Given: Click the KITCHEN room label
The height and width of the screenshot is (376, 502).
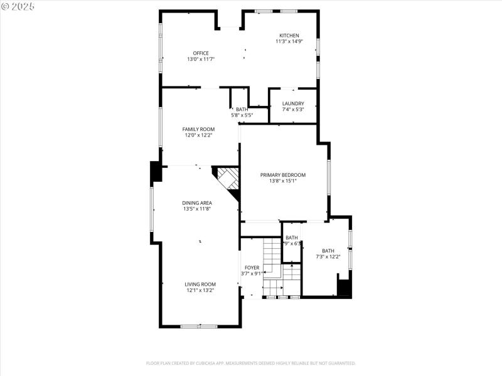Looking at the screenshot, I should (x=289, y=35).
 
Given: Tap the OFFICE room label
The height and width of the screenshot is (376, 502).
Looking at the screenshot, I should (x=201, y=53).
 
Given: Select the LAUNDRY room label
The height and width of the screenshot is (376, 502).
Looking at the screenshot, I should (x=293, y=103).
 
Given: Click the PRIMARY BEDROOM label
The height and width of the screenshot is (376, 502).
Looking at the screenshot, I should (x=283, y=175).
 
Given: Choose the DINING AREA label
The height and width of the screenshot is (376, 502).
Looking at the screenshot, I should (x=197, y=202).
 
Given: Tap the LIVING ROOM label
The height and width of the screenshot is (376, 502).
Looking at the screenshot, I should (x=200, y=284).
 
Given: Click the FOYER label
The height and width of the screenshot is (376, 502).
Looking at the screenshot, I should (x=252, y=268).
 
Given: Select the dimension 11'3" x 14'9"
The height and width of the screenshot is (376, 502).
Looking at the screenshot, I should (x=289, y=41).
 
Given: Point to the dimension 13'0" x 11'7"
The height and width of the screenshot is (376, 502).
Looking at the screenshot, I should (x=201, y=59).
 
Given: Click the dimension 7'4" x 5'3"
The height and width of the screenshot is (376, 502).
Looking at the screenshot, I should (x=293, y=110).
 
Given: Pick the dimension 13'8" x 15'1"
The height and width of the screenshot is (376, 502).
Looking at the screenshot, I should (x=283, y=181).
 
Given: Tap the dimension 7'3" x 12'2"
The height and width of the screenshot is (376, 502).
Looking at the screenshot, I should (x=328, y=256).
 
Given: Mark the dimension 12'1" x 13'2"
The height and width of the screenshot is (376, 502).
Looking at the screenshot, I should (x=200, y=290).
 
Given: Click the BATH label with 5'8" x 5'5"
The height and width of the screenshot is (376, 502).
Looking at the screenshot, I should (x=242, y=109).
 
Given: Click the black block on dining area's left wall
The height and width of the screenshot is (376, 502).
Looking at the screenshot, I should (x=155, y=172).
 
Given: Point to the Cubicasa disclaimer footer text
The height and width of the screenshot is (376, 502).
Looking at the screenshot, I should (x=251, y=363).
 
